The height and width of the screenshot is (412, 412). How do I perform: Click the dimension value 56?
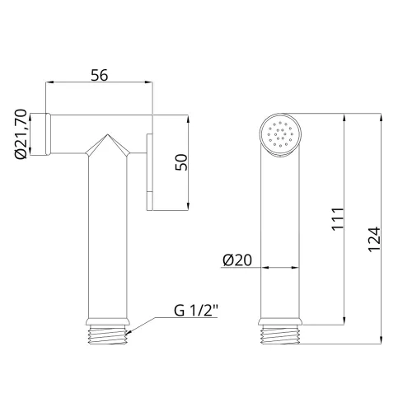click(x=100, y=75)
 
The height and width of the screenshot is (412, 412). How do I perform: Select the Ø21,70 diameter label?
click(x=21, y=133)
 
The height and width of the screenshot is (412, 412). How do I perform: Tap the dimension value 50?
click(x=181, y=162)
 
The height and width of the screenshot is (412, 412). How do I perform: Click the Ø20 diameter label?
click(x=237, y=260)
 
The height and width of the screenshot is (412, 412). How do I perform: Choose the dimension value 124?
click(x=374, y=239)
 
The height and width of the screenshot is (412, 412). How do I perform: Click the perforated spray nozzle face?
click(x=280, y=134)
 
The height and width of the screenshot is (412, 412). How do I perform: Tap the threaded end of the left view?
click(x=107, y=335)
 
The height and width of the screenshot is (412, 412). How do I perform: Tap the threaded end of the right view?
click(x=280, y=335)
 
